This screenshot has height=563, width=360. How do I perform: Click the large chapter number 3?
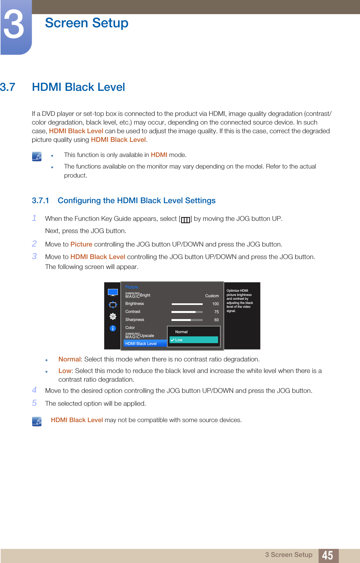coord(13,25)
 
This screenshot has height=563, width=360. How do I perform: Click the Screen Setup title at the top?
coord(86,23)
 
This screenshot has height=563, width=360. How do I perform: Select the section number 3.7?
coord(8,87)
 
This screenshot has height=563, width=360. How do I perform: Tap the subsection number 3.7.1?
coord(40,201)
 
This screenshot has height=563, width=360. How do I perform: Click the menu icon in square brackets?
coord(185,220)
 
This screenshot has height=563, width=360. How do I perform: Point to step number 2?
coord(34,244)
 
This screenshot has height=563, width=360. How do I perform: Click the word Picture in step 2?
coord(81,244)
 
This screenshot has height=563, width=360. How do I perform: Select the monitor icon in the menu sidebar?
coord(113,292)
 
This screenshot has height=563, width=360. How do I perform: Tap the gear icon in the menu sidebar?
coord(113,316)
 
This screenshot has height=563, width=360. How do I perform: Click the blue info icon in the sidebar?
coord(113,328)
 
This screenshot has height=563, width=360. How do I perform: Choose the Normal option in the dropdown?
coord(181,332)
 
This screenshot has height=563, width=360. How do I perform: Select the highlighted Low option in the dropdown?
coord(194,340)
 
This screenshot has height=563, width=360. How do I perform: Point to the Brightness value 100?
coord(215,304)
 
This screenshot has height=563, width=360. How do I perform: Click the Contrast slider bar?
coord(187,312)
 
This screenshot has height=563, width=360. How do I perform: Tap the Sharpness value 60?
coord(216,320)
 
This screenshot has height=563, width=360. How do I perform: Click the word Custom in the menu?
coord(212,296)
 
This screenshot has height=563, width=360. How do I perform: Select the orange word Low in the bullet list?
coord(65,371)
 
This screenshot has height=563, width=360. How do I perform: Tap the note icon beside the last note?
coord(37,421)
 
